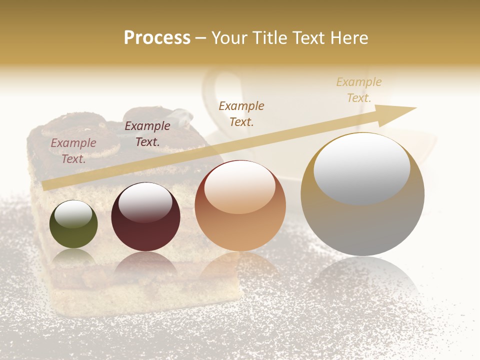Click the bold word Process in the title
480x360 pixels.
pos(157,38)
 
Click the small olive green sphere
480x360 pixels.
pos(73,224)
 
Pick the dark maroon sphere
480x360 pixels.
pos(145,217)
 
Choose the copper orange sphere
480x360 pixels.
pos(240,205)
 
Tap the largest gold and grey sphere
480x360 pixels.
pos(362,194)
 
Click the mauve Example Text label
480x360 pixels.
pos(73,151)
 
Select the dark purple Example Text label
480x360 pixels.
pos(147,134)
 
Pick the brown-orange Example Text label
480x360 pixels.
pos(241,113)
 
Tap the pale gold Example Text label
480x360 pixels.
pos(359,89)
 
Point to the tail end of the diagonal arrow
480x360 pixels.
pos(46,186)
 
